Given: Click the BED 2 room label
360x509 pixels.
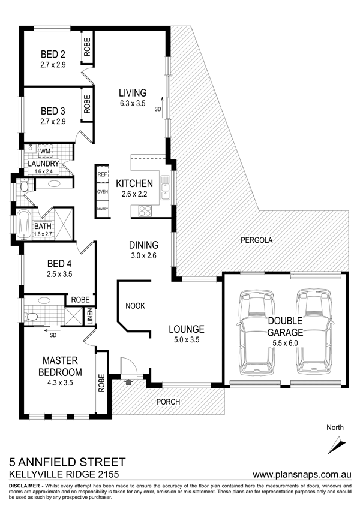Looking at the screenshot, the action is pyautogui.click(x=53, y=54).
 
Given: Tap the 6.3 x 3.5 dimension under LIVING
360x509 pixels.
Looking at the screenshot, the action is pyautogui.click(x=132, y=104).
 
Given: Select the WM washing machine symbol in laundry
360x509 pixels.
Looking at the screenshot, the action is pyautogui.click(x=45, y=151).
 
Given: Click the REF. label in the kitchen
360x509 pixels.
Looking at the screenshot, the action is pyautogui.click(x=103, y=174).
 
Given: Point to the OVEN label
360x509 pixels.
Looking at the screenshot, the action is pyautogui.click(x=103, y=192).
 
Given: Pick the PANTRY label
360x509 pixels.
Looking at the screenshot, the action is pyautogui.click(x=103, y=209).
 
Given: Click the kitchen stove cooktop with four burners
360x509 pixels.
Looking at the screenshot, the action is pyautogui.click(x=145, y=211).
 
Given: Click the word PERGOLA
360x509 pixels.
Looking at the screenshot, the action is pyautogui.click(x=256, y=240).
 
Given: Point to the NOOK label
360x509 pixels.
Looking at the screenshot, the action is pyautogui.click(x=135, y=306).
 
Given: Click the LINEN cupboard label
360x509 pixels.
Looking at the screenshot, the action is pyautogui.click(x=90, y=317).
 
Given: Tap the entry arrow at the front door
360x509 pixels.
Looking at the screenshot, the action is pyautogui.click(x=128, y=382).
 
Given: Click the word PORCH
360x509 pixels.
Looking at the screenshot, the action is pyautogui.click(x=168, y=402).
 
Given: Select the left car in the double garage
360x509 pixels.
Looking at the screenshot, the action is pyautogui.click(x=256, y=332).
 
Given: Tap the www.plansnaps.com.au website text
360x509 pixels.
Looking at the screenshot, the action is pyautogui.click(x=302, y=474).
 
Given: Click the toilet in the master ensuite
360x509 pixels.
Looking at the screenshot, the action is pyautogui.click(x=31, y=317).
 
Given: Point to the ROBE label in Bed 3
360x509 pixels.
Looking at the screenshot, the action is pyautogui.click(x=87, y=104).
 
